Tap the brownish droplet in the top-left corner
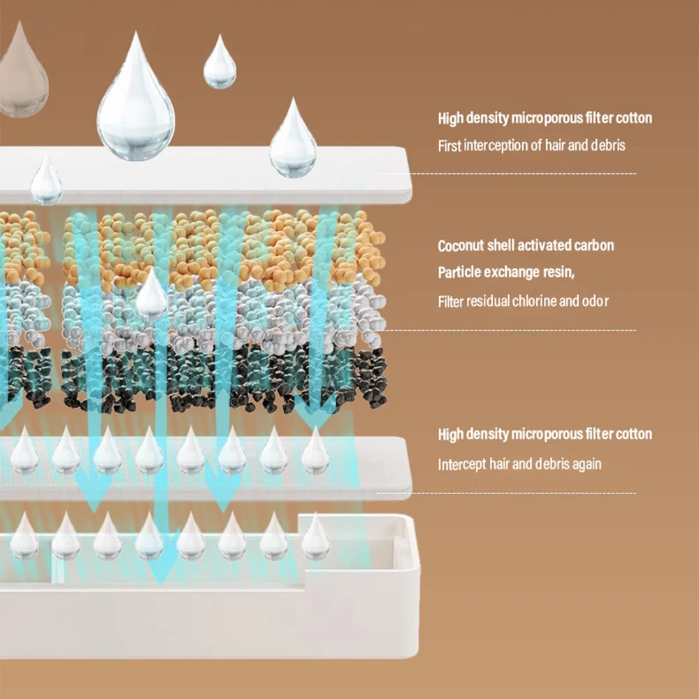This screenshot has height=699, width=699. [22, 77]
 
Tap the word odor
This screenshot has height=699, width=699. [594, 302]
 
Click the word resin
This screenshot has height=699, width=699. [561, 273]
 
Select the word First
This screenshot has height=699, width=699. [449, 146]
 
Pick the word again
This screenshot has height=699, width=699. [585, 463]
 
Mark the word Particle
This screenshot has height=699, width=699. [458, 273]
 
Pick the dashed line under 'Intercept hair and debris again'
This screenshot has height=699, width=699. [507, 493]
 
